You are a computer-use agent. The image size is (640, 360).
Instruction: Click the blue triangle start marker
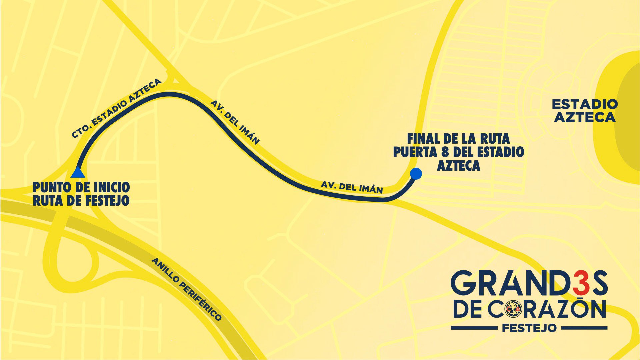click(78, 173)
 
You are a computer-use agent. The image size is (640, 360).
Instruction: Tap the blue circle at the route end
click(416, 173)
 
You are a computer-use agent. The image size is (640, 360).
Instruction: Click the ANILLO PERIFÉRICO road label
click(187, 289)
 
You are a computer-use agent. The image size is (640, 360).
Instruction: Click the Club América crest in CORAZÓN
click(514, 309)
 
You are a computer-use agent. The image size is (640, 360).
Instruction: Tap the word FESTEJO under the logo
click(529, 328)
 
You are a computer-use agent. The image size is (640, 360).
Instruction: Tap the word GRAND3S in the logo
click(529, 283)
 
